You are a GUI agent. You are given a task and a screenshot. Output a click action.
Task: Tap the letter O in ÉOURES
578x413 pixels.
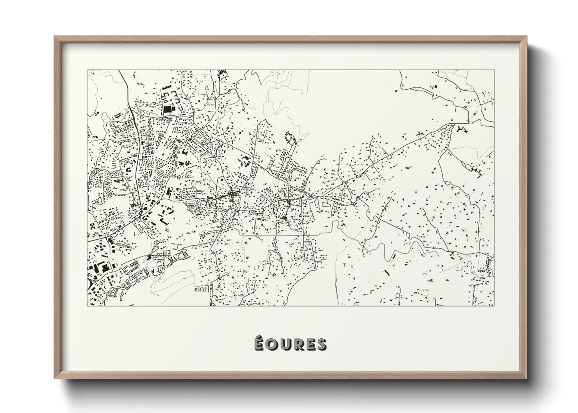(271, 344)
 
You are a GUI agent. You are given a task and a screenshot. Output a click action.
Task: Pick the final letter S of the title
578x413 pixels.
(321, 344)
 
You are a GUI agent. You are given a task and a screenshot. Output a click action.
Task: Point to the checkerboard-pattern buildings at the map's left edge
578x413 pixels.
(93, 226)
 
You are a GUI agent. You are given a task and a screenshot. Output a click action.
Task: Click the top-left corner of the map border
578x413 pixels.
(87, 70)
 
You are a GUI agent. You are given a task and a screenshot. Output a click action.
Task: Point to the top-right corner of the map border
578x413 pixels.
(494, 70)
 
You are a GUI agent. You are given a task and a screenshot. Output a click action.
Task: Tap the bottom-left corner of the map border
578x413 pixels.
(87, 306)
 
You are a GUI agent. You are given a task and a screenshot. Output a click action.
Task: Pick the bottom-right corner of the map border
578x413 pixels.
(494, 306)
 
